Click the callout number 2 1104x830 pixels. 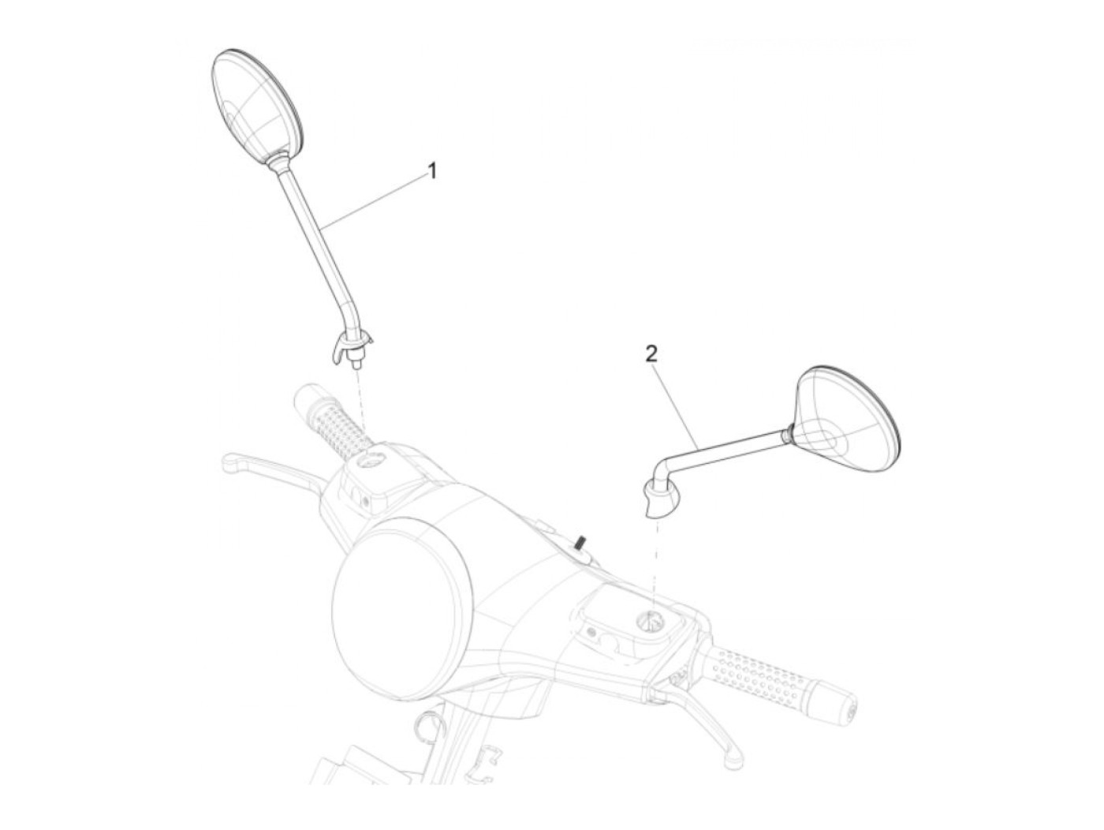[651, 354]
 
